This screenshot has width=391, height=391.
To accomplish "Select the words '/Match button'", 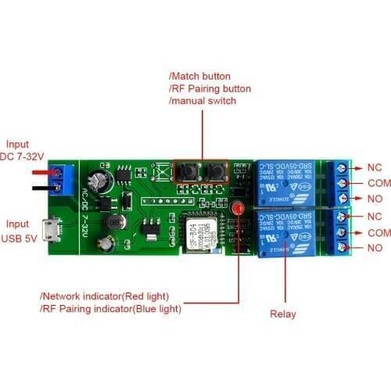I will tap(199, 76).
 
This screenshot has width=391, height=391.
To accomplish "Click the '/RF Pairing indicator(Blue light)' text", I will tap(110, 308).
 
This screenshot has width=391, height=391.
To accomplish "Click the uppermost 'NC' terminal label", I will tap(374, 167).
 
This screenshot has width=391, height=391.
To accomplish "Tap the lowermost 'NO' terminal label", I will tap(375, 248).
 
